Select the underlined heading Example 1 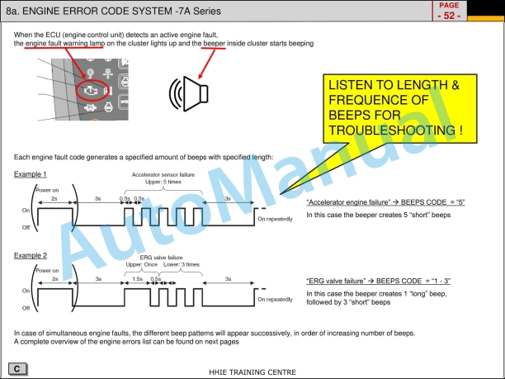[31, 174]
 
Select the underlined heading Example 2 [31, 256]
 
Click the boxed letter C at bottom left [16, 366]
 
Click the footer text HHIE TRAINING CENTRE [252, 372]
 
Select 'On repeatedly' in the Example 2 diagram [276, 300]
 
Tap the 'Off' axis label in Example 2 [25, 308]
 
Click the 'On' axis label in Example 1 [25, 210]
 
